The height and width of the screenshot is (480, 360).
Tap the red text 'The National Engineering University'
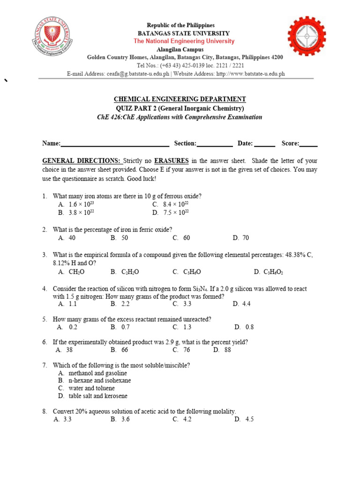[x=184, y=41]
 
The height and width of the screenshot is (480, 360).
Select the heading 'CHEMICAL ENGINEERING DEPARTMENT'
[x=180, y=99]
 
